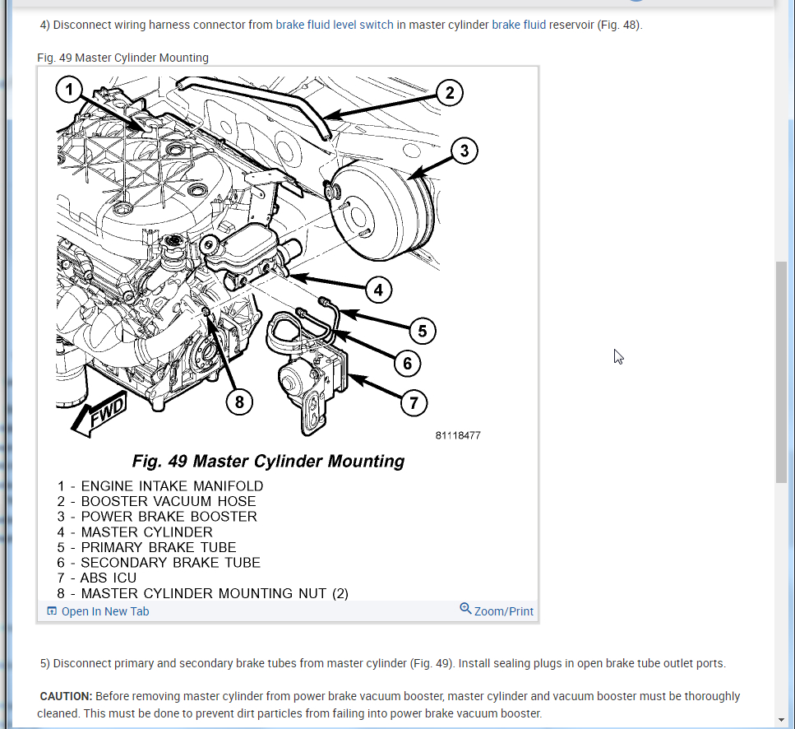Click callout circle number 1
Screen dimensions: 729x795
pos(70,90)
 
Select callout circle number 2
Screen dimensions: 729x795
pos(449,92)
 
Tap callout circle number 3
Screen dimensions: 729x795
pos(464,151)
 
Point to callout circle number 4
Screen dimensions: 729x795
pos(377,290)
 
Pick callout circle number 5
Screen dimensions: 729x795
pos(422,331)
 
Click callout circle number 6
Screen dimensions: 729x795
pos(407,362)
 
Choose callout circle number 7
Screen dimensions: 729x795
pos(414,402)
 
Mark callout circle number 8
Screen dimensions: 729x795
pos(239,402)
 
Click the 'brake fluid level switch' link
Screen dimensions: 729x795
pos(335,25)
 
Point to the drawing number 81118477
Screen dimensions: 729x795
pos(458,435)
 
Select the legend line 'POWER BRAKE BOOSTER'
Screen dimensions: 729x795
pos(169,517)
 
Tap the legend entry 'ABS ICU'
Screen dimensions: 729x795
pos(109,578)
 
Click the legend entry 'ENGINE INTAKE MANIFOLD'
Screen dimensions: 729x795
pos(172,486)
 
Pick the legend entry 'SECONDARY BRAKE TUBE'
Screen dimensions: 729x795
pos(170,563)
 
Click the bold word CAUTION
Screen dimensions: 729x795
pos(66,696)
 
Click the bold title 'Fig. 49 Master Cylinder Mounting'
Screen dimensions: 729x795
pos(268,461)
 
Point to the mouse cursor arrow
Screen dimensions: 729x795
pos(617,355)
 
